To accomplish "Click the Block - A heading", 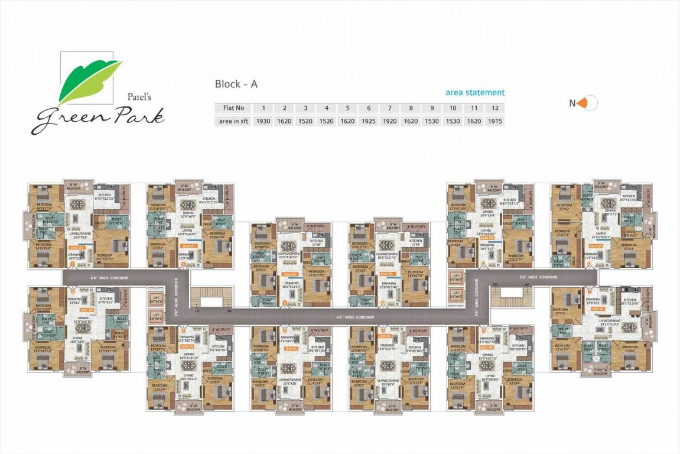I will pyautogui.click(x=236, y=84).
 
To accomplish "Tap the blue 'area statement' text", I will pyautogui.click(x=475, y=93).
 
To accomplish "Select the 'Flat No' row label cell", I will pyautogui.click(x=233, y=108).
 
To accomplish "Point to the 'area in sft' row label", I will pyautogui.click(x=233, y=121).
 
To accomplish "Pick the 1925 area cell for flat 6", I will pyautogui.click(x=369, y=121).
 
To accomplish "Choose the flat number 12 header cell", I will pyautogui.click(x=495, y=108).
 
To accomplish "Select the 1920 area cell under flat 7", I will pyautogui.click(x=390, y=121).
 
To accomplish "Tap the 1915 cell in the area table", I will pyautogui.click(x=495, y=121).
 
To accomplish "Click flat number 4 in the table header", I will pyautogui.click(x=326, y=108).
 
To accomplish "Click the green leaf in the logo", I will pyautogui.click(x=89, y=80).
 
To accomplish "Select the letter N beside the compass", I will pyautogui.click(x=572, y=103).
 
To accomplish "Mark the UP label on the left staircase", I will pyautogui.click(x=197, y=309).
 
